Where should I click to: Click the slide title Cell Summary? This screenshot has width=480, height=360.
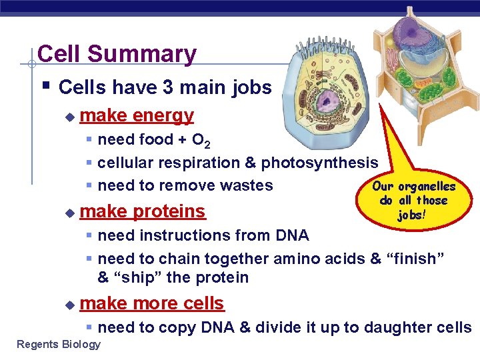tap(117, 54)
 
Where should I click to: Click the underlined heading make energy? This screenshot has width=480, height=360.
tap(136, 115)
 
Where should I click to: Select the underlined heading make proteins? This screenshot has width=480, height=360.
tap(142, 211)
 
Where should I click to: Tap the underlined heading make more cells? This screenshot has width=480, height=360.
tap(151, 303)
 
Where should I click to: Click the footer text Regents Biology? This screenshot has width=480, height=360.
tap(59, 344)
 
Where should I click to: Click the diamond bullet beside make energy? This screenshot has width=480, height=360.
tap(69, 117)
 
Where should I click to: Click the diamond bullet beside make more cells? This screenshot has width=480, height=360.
tap(69, 305)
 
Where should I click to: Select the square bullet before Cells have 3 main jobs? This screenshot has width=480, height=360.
tap(44, 87)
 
